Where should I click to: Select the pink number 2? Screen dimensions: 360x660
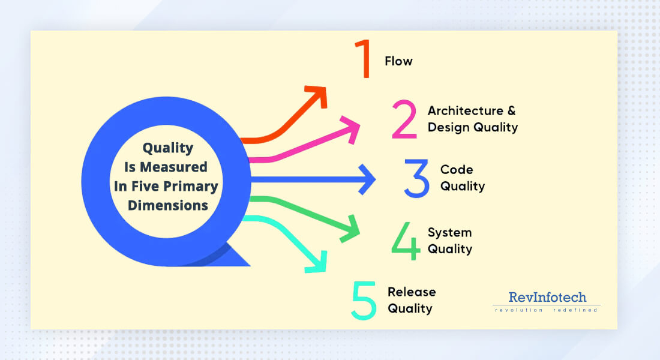tap(404, 119)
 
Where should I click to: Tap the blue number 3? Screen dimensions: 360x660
tap(417, 178)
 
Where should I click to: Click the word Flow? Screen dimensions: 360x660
tap(398, 61)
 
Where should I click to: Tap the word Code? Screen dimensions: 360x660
tap(457, 170)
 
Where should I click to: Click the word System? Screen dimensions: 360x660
tap(449, 232)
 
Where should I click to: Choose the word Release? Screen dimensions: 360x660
tap(412, 292)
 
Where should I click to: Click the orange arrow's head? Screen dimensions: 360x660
tap(318, 95)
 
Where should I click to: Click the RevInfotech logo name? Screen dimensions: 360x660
tap(547, 297)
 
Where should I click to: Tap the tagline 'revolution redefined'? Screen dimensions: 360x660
tap(546, 310)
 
